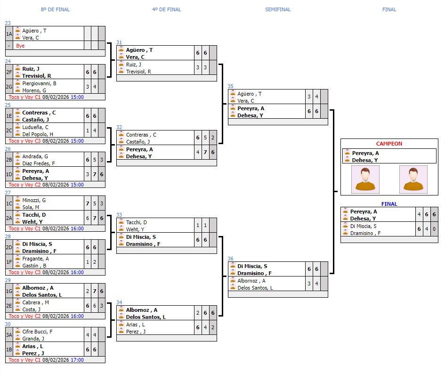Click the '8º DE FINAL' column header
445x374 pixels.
click(x=55, y=9)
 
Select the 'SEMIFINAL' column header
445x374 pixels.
click(x=278, y=9)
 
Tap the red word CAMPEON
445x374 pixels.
click(x=389, y=144)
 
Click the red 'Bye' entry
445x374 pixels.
click(x=20, y=46)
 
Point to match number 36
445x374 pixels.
click(x=230, y=259)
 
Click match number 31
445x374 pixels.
click(x=119, y=42)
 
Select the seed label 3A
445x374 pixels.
click(x=9, y=335)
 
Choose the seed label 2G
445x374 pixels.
click(x=9, y=87)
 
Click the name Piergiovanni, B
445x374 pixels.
click(x=39, y=83)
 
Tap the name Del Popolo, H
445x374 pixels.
click(x=38, y=134)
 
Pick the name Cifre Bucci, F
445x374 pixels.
click(x=37, y=332)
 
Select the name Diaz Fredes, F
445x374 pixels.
click(x=39, y=163)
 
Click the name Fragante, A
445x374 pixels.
click(x=36, y=259)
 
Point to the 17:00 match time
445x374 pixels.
click(x=77, y=360)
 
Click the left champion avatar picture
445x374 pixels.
click(x=365, y=179)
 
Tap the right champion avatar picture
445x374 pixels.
click(x=413, y=179)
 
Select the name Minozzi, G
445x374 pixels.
click(x=34, y=200)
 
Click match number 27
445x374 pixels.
click(x=8, y=193)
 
